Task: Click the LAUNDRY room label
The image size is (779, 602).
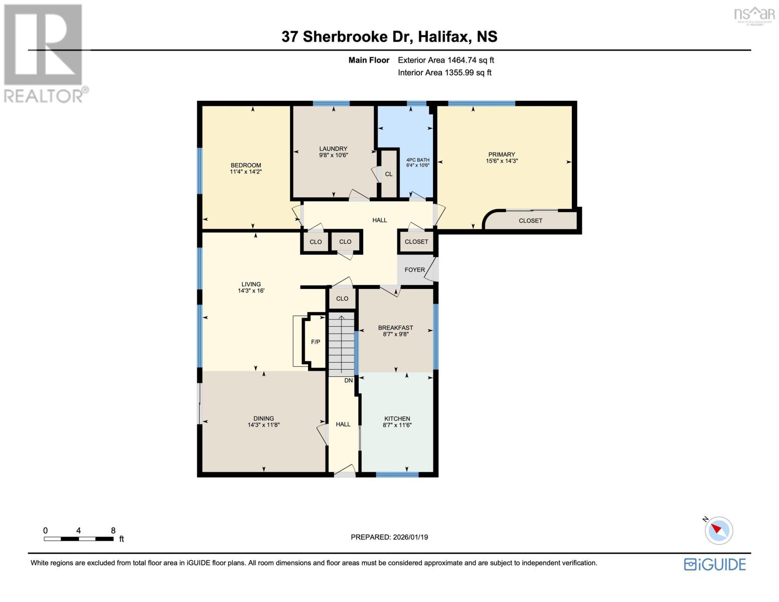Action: point(333,148)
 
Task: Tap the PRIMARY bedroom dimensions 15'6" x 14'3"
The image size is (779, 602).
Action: point(501,161)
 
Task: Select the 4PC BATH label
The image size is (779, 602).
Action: point(417,160)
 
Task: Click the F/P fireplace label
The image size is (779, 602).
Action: point(316,342)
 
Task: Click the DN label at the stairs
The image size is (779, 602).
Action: point(349,380)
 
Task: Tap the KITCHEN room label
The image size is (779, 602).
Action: point(397,418)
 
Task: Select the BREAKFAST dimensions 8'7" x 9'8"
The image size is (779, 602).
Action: point(395,334)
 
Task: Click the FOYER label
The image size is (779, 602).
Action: point(414,270)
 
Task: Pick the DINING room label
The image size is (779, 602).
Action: point(263,418)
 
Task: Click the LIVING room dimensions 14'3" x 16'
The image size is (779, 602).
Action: point(251,290)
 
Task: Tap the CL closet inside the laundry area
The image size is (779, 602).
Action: point(389,174)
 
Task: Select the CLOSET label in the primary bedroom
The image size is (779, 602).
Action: point(530,221)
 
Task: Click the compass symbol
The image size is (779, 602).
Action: point(719,530)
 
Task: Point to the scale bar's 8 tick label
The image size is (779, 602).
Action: point(113,530)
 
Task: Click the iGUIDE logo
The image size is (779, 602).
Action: point(715,564)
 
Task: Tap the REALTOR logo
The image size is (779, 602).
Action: point(44,53)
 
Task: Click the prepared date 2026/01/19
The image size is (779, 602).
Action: point(389,537)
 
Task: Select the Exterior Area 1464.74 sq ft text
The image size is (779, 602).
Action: point(445,60)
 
